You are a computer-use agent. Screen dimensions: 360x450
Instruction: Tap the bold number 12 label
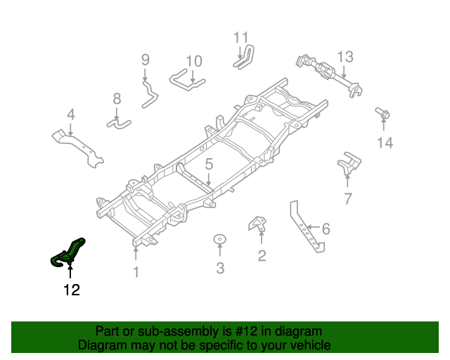[72, 290]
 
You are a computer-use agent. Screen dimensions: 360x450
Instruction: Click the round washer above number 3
[219, 240]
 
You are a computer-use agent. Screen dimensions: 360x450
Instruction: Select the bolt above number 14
[383, 112]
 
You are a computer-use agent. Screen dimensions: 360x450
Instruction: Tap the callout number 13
[345, 57]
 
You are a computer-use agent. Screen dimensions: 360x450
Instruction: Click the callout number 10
[194, 61]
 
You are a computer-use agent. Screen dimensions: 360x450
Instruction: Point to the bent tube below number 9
[148, 94]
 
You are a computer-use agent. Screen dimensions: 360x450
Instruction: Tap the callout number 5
[209, 165]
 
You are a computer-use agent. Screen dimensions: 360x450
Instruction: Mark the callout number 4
[70, 115]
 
